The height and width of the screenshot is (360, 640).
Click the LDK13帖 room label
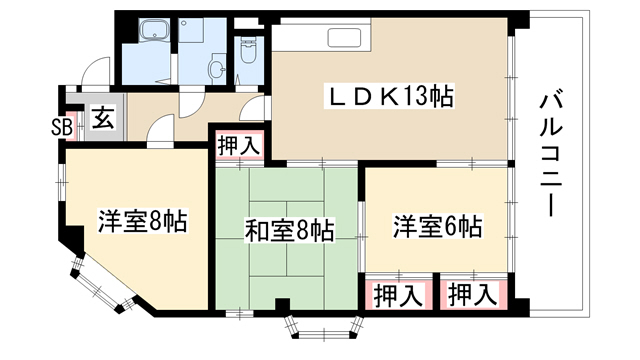pos(389,97)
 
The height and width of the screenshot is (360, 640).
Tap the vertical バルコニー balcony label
pos(551,155)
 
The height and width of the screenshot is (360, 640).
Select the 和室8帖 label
pos(289,230)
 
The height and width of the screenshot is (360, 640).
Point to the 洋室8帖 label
pos(142,221)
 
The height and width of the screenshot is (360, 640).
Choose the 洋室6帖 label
pos(438,226)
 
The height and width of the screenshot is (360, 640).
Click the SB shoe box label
pos(62,127)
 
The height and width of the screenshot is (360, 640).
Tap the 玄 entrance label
pos(102,118)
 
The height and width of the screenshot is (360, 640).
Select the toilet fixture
pos(248,50)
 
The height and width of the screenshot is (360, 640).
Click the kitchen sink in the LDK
pos(344,38)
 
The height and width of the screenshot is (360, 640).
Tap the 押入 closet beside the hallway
pos(239,146)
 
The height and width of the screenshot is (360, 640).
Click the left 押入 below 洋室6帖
pos(398,295)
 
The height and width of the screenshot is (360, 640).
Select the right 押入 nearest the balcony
pos(473,295)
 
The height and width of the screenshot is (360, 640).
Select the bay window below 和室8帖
pos(324,327)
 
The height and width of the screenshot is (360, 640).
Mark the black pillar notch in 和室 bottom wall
pos(282,304)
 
